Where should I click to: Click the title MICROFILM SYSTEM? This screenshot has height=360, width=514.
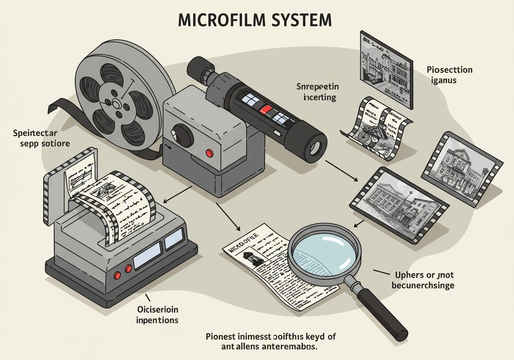coord(255,20)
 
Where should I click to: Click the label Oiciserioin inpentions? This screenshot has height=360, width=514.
coord(157,315)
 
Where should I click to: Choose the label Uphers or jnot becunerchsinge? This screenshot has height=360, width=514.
coord(422,280)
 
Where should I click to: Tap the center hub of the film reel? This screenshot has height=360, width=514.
coord(116,104)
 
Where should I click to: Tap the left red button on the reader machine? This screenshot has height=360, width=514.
coord(118,275)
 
